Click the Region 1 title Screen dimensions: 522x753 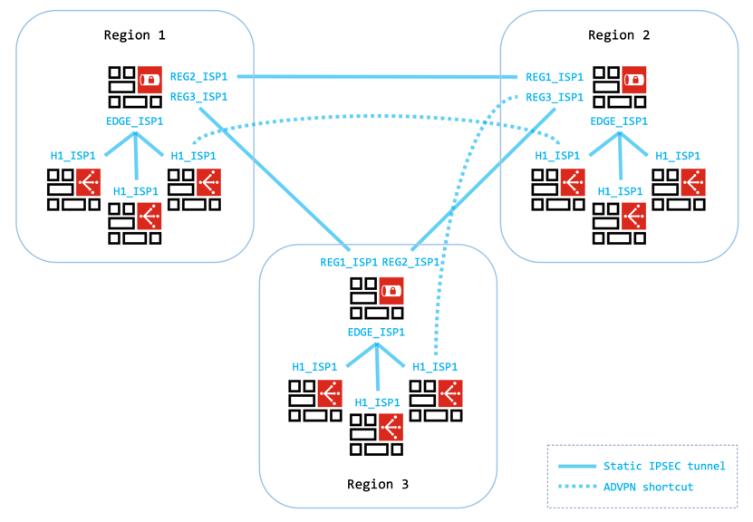(x=135, y=35)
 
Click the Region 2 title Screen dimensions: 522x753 (x=619, y=35)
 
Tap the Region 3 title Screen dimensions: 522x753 (x=378, y=484)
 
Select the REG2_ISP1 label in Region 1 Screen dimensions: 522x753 (x=198, y=77)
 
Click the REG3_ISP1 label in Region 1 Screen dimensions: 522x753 (x=198, y=97)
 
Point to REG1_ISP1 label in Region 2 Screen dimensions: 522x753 (x=555, y=77)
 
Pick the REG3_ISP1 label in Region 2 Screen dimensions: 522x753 (x=555, y=97)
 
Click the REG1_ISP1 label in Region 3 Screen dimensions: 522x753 (x=349, y=262)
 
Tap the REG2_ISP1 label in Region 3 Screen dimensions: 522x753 (x=410, y=262)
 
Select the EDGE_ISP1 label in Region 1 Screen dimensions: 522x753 (x=135, y=121)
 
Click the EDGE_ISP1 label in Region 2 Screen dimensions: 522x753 (x=619, y=121)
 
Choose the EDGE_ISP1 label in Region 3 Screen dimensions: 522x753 (x=376, y=333)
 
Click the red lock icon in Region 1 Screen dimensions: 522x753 (x=150, y=80)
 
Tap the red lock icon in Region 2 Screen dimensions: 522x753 (x=633, y=80)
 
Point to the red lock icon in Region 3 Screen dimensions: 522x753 (x=391, y=291)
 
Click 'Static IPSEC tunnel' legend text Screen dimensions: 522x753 (x=664, y=466)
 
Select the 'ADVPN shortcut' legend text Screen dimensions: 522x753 (x=648, y=487)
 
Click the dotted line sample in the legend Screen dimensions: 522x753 (x=576, y=487)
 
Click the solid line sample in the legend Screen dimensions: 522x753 (x=576, y=466)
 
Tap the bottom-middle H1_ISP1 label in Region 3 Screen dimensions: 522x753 (x=377, y=402)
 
